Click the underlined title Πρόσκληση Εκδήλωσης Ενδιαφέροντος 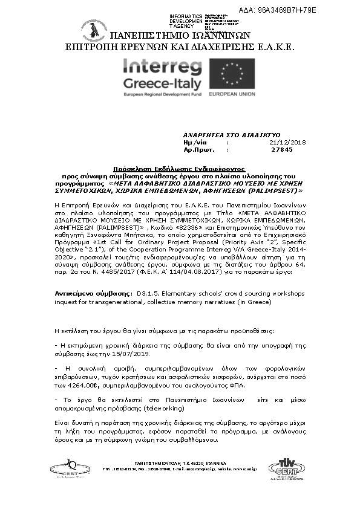pos(180,170)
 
